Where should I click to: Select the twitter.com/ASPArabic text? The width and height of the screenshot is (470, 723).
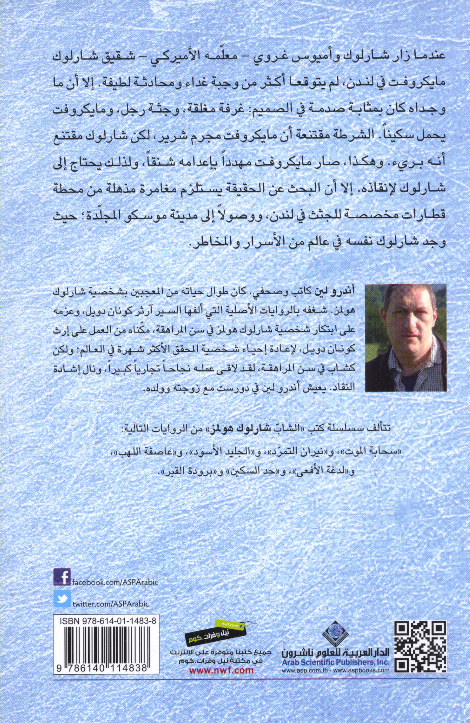(x=110, y=604)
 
